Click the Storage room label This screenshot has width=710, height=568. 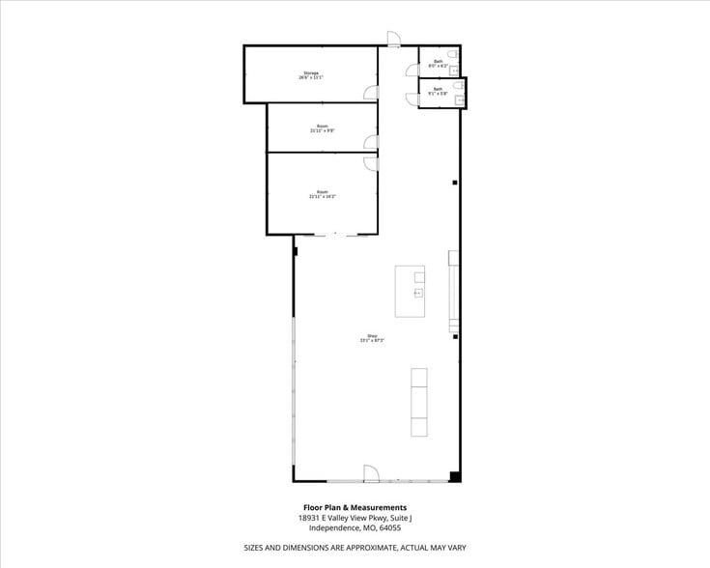tap(311, 75)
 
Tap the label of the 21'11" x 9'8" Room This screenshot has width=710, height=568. tap(323, 128)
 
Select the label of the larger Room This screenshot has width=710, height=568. tap(323, 194)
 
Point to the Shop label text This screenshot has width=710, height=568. tap(372, 338)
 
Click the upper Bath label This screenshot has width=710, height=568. tap(438, 64)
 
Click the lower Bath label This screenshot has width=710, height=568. tap(438, 92)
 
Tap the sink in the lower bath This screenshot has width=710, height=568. tap(461, 99)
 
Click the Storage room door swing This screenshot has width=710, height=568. tap(371, 93)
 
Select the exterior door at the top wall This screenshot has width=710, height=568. tap(394, 39)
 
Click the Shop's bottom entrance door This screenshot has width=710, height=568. tap(371, 473)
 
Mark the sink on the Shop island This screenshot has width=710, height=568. tap(419, 292)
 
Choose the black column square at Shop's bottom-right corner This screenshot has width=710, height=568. tap(454, 475)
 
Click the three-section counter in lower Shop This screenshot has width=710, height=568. tap(420, 402)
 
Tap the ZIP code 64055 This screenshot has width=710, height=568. tap(390, 527)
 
